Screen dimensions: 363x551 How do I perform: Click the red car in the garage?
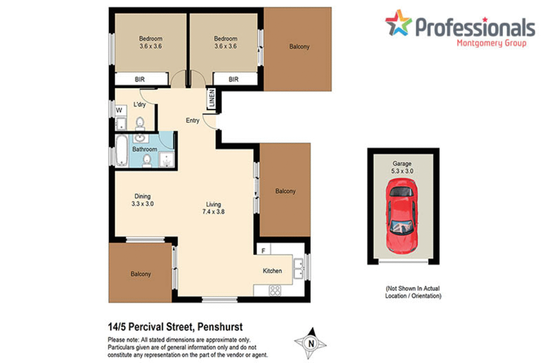click(x=401, y=216)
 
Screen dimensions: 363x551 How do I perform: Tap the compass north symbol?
click(x=311, y=344)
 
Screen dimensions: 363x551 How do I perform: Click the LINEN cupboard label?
click(x=212, y=98)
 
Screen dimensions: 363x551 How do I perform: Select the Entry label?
click(x=192, y=121)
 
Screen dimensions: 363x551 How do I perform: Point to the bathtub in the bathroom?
click(x=122, y=150)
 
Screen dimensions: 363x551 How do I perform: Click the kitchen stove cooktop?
click(x=275, y=291)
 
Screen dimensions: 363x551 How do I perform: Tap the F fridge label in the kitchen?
click(x=263, y=251)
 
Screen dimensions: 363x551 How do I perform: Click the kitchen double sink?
click(x=298, y=269)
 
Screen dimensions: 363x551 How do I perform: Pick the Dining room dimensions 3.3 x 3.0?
click(x=143, y=204)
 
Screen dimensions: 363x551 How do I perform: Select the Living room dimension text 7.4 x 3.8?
click(x=213, y=212)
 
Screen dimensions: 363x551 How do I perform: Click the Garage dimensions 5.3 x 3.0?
click(x=402, y=171)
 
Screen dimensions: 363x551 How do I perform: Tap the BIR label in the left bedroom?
click(x=140, y=79)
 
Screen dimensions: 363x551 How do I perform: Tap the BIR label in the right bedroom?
click(x=234, y=79)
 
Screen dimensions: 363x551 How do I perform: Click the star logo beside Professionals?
click(x=398, y=23)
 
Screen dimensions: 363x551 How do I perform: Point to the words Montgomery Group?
click(x=491, y=43)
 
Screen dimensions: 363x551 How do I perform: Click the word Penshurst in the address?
click(x=220, y=327)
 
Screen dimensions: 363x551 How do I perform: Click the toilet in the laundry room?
click(x=140, y=123)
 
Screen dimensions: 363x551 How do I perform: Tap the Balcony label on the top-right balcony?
click(x=299, y=47)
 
